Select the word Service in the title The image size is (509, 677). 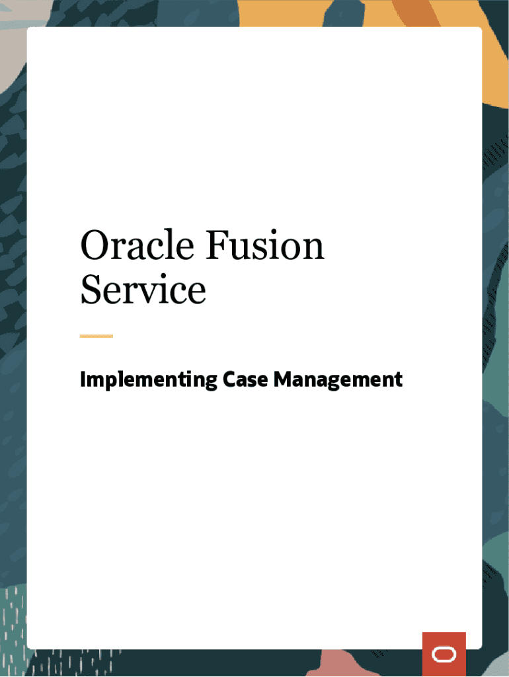143,290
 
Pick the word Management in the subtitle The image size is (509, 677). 338,380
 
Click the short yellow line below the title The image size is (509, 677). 96,336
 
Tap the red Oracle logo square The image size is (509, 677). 444,654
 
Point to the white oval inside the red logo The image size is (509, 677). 444,655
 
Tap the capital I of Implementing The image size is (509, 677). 83,379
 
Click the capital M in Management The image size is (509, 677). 282,379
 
